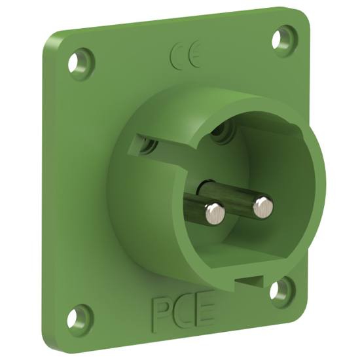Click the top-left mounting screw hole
click(x=81, y=63)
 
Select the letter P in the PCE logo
click(x=162, y=312)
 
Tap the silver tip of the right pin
click(x=262, y=205)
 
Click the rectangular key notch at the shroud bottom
click(x=249, y=280)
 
